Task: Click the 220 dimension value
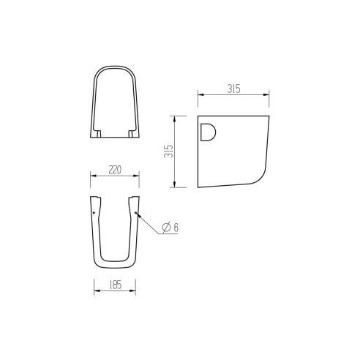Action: click(115, 170)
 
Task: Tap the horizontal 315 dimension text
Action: click(233, 89)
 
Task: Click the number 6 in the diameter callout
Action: click(176, 228)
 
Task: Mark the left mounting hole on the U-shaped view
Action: click(94, 213)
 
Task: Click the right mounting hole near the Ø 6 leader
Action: click(135, 213)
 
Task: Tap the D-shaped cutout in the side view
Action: click(208, 132)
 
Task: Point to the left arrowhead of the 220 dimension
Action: click(91, 176)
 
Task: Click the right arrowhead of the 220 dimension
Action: click(139, 176)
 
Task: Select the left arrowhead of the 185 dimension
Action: click(96, 289)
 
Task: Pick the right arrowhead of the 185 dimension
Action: click(135, 289)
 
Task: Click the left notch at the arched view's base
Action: click(100, 135)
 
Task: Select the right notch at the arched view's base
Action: click(130, 135)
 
